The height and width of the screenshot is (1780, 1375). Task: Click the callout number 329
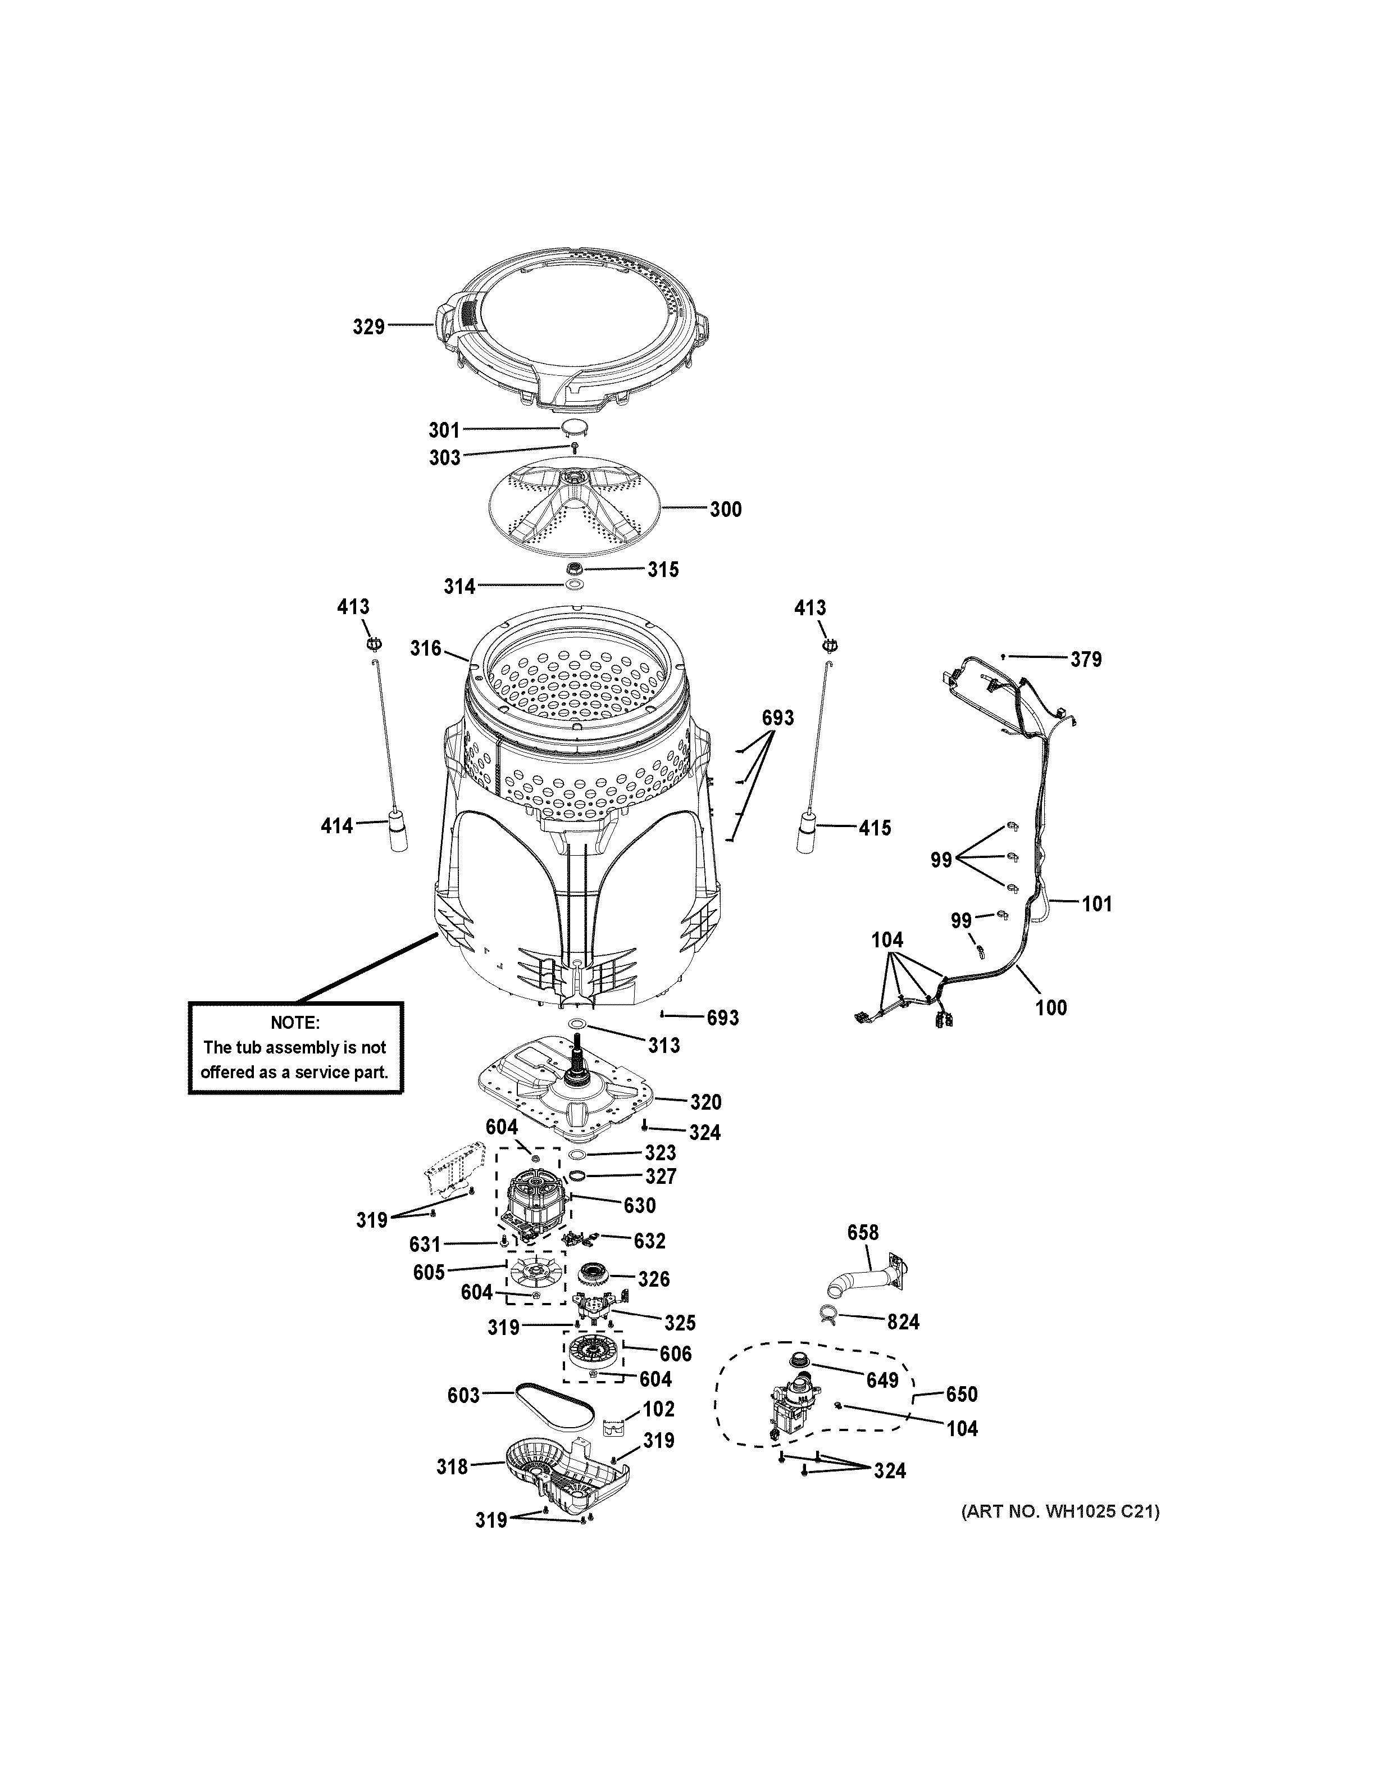pos(368,327)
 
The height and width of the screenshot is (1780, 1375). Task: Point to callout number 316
pos(425,649)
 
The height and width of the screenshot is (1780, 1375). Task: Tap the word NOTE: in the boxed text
pos(295,1023)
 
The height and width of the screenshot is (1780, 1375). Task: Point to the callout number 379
pos(1086,659)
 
